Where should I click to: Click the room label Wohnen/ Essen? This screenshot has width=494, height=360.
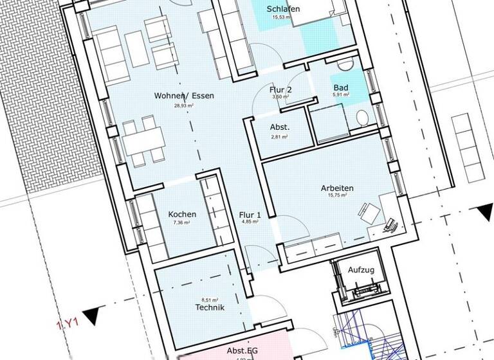(x=184, y=96)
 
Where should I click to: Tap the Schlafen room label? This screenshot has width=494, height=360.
(x=284, y=9)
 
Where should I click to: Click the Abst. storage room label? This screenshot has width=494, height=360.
(x=280, y=127)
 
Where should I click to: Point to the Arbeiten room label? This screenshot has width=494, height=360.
(x=337, y=188)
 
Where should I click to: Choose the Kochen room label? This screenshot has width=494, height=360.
(x=182, y=214)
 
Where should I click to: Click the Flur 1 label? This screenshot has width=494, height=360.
(x=250, y=214)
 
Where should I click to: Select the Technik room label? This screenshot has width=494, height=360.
(x=209, y=308)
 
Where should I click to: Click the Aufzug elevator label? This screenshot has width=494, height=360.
(x=360, y=269)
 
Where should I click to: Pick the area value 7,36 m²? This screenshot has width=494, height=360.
(x=182, y=223)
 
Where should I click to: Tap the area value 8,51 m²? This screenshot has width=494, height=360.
(x=209, y=299)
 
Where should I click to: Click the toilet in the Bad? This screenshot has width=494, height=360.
(x=363, y=118)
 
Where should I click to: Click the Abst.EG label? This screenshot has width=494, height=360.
(x=242, y=351)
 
